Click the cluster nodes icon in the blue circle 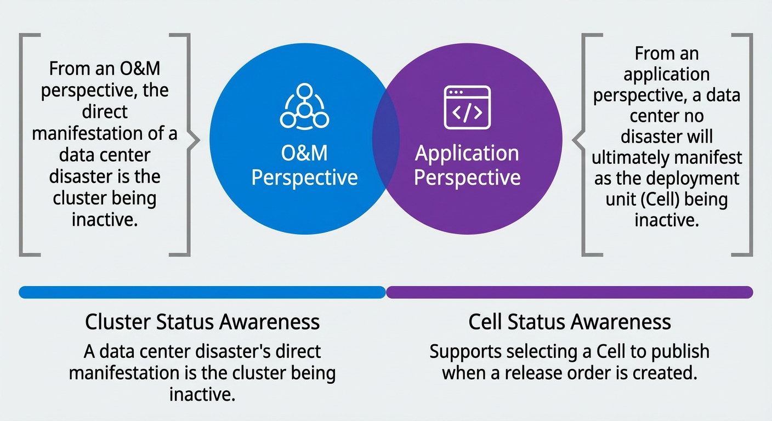point(304,106)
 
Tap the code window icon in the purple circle point(467,107)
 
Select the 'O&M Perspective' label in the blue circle point(304,165)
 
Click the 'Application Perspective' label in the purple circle point(467,165)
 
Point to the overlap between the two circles point(386,139)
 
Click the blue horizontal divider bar point(202,292)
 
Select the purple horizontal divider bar point(569,292)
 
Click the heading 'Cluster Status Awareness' point(202,322)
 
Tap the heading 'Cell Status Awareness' point(569,322)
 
